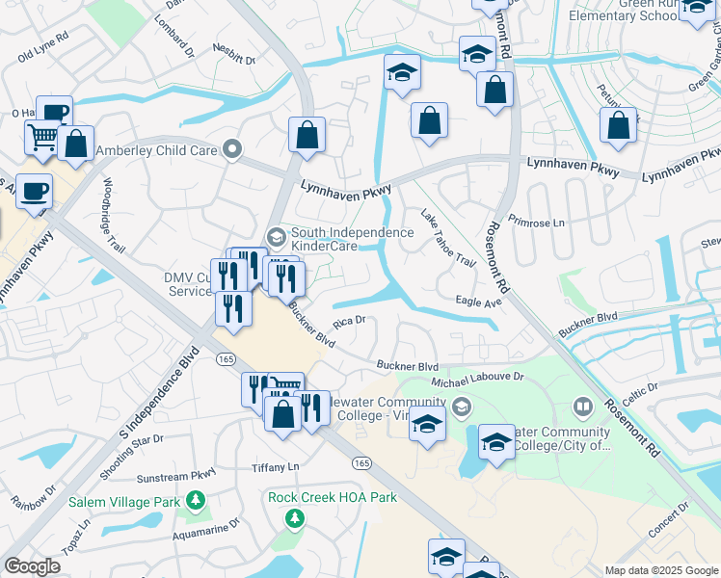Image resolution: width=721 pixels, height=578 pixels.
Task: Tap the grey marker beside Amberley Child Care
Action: [230, 149]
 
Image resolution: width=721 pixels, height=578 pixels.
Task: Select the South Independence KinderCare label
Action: [352, 239]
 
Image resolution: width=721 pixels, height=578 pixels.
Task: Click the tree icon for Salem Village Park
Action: [196, 500]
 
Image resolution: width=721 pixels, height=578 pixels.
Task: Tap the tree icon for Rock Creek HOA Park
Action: [294, 519]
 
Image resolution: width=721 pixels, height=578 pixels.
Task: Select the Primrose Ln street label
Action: [536, 222]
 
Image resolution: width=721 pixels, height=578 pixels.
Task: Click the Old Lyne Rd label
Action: [43, 49]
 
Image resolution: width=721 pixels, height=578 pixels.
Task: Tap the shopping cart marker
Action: [42, 140]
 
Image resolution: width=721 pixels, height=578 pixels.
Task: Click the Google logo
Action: [33, 566]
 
